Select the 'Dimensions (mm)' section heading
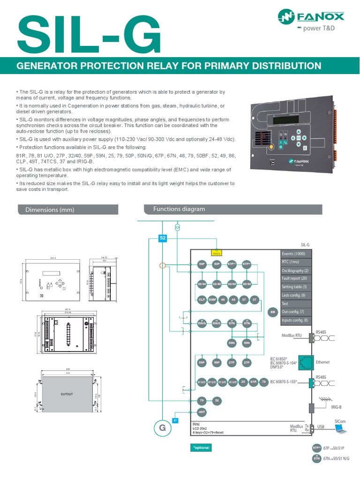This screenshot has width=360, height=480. tap(46, 210)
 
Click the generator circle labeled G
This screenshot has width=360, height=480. tap(162, 428)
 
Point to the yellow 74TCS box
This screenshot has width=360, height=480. tap(216, 253)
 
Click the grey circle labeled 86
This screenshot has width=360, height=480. tap(272, 312)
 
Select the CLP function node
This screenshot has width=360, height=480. tap(202, 299)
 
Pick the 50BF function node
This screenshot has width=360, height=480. tap(212, 299)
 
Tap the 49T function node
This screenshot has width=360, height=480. tap(202, 412)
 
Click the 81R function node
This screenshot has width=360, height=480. tap(253, 382)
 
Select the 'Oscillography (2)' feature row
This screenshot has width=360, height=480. tap(295, 270)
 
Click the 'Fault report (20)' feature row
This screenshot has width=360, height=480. tap(294, 278)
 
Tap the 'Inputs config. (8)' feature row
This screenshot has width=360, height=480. tap(294, 320)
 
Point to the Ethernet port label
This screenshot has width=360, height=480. tap(323, 362)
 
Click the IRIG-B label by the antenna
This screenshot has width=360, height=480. tap(337, 408)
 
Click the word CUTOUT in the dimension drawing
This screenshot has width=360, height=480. tap(67, 394)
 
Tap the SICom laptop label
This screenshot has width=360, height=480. tap(340, 421)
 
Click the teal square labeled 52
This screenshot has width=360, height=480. tap(163, 238)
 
